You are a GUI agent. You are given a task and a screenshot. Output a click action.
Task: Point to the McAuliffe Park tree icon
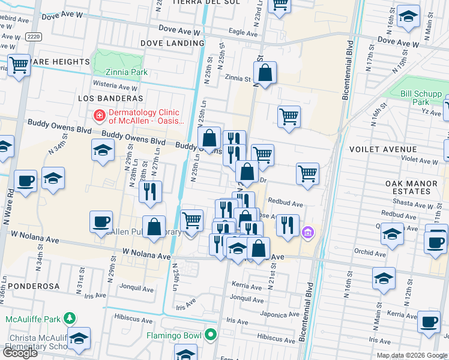[70, 317]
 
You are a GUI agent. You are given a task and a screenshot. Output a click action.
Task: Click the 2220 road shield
[34, 37]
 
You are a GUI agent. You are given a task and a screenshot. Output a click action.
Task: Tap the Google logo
[20, 353]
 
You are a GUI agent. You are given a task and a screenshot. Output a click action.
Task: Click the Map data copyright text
[411, 355]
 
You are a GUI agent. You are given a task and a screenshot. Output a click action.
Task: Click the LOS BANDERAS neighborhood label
[110, 98]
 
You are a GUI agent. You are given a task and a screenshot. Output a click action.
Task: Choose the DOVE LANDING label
[172, 43]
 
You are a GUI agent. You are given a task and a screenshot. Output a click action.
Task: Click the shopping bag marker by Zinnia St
[265, 74]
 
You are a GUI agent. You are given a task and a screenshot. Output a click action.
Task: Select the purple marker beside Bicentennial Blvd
[308, 232]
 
